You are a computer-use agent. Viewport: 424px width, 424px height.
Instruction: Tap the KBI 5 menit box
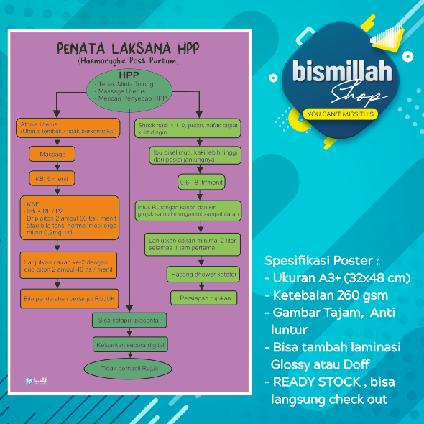tap(52, 178)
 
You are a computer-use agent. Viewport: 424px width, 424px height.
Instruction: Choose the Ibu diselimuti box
tap(193, 156)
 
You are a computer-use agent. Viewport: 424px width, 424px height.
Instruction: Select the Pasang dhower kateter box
tap(203, 275)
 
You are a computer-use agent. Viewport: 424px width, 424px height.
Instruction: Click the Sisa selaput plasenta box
tap(130, 318)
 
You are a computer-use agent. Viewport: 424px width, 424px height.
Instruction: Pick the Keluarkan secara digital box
tap(130, 344)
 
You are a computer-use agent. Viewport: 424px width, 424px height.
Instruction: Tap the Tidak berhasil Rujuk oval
tap(130, 369)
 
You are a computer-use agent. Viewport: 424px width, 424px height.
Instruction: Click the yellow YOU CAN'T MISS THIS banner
tap(340, 114)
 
